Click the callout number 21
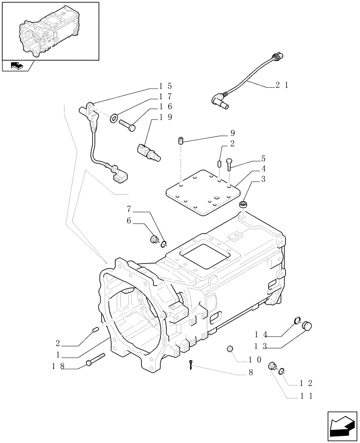(282, 85)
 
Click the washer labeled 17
(114, 118)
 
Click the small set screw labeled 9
(181, 142)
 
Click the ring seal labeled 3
(243, 205)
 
